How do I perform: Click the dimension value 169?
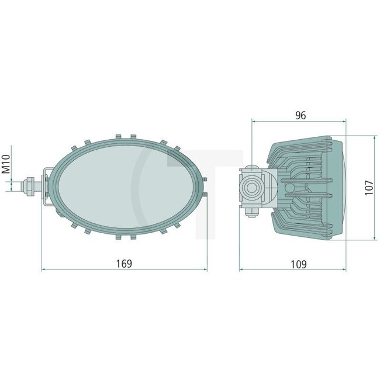(124, 263)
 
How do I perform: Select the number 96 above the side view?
(300, 116)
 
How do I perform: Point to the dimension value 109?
(298, 263)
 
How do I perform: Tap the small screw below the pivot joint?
(253, 213)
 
